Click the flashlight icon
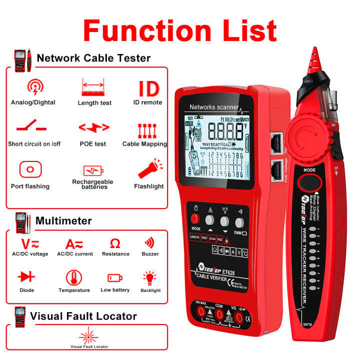[148, 169]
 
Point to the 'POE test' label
[94, 144]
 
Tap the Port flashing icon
[30, 169]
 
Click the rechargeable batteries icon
[93, 171]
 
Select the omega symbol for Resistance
[115, 243]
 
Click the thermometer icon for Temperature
[74, 277]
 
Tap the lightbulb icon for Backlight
[150, 277]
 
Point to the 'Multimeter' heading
[63, 220]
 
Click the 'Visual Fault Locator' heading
[83, 316]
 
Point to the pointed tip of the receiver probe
[314, 49]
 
